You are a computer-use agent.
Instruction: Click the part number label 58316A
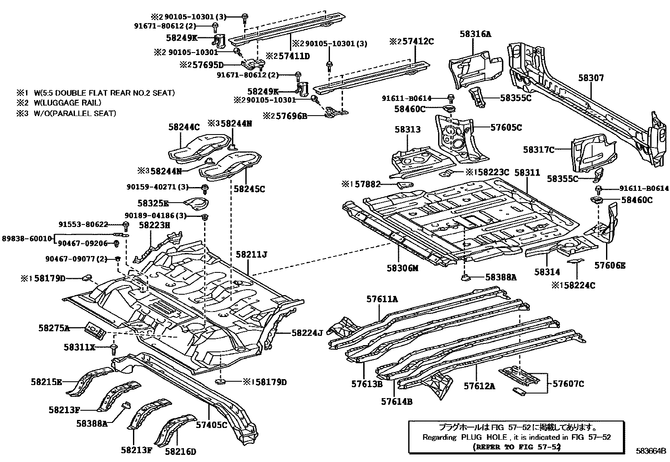coord(475,34)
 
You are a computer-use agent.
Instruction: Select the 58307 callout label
coord(591,78)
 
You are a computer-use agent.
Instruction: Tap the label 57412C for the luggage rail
coord(418,41)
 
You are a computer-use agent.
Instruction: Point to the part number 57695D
coord(208,65)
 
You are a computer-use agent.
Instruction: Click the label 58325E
coord(153,203)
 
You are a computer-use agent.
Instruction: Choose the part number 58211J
coord(251,254)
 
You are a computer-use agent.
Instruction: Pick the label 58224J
coord(307,333)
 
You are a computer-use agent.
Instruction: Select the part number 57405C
coord(211,425)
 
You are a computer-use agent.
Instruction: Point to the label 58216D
coord(181,451)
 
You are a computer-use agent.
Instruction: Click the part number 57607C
coord(568,384)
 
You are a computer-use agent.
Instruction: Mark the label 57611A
coord(382,299)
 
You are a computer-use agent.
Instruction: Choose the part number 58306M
coord(403,268)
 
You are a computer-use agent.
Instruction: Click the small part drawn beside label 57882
coord(405,185)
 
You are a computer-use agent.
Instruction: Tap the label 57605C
coord(506,128)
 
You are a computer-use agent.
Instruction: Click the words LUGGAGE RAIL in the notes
coord(70,103)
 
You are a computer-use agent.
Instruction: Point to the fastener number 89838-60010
coord(27,238)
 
